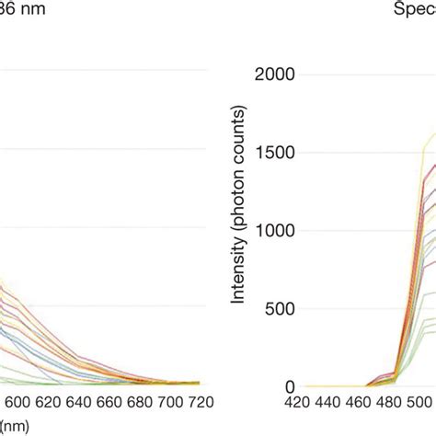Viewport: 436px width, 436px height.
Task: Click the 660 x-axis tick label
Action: tap(107, 404)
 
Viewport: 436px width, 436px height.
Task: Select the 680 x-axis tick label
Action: tap(138, 404)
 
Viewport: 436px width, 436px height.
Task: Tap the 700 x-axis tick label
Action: tap(169, 404)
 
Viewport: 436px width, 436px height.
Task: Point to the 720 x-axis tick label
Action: tap(201, 404)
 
